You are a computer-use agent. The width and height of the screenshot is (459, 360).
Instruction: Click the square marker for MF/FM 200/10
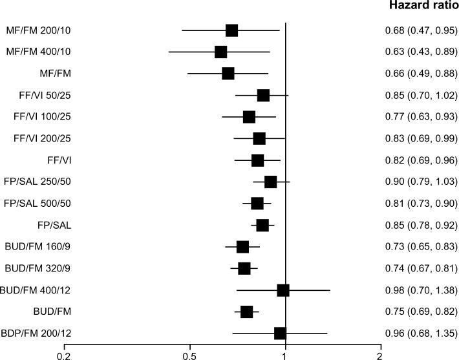(231, 30)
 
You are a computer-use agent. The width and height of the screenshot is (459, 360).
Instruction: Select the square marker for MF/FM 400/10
(221, 52)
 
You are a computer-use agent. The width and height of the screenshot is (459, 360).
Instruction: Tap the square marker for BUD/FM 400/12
(283, 290)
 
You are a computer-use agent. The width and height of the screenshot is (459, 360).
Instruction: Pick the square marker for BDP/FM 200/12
(280, 333)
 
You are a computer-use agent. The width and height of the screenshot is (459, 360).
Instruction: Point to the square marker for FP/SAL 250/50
(270, 182)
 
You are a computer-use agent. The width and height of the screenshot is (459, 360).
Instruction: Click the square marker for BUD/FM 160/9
(242, 246)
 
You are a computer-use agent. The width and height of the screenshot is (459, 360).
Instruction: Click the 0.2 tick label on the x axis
(63, 355)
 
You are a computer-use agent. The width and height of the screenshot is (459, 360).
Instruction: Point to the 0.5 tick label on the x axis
(189, 355)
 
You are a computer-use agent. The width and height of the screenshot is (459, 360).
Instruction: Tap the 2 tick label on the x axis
(380, 355)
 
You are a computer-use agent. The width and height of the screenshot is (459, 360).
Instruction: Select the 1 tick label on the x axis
(285, 355)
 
